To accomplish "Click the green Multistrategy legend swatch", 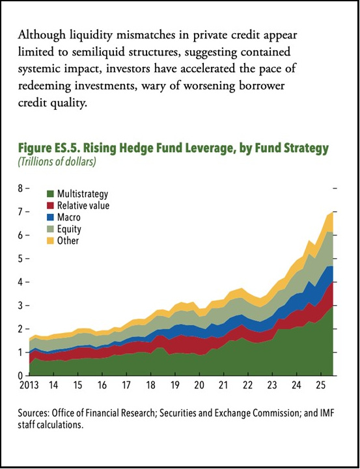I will [x=49, y=194].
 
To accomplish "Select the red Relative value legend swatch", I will [x=49, y=206].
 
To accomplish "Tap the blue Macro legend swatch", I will [x=49, y=217].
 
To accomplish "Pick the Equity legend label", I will [x=69, y=229].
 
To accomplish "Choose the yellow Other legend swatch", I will [x=49, y=241].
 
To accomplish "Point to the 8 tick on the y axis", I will [x=20, y=188].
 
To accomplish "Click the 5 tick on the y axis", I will [x=20, y=258].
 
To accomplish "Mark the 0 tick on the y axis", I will [x=20, y=375].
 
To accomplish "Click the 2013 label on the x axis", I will [x=29, y=386].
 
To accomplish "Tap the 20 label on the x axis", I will [x=201, y=386].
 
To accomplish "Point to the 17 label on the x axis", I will [x=128, y=386].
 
